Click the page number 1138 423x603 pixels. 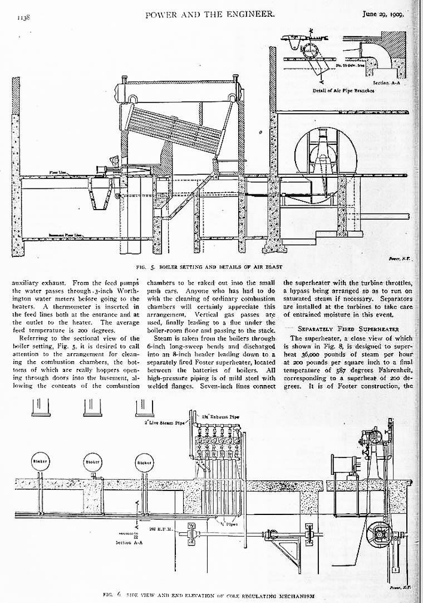coord(23,17)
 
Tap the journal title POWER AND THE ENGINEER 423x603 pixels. coord(210,14)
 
